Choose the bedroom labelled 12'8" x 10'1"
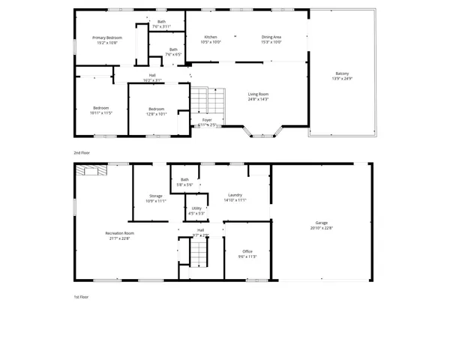(x=156, y=110)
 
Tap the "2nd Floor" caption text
(x=82, y=152)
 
